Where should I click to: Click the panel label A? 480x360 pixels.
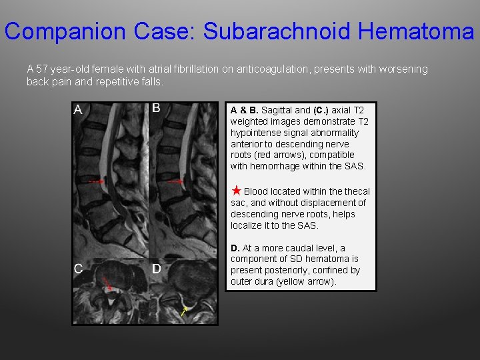(x=78, y=110)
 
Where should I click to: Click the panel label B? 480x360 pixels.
(x=156, y=108)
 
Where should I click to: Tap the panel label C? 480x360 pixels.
(x=78, y=269)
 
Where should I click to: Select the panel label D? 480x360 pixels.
(x=156, y=269)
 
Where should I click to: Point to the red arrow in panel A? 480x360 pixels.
(x=97, y=181)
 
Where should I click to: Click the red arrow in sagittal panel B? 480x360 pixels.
(x=175, y=181)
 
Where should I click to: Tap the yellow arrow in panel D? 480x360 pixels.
(x=184, y=311)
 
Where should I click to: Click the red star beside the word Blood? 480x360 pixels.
(x=236, y=191)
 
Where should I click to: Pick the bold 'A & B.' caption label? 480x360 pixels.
(x=245, y=110)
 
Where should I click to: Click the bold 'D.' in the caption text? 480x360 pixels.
(x=235, y=248)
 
